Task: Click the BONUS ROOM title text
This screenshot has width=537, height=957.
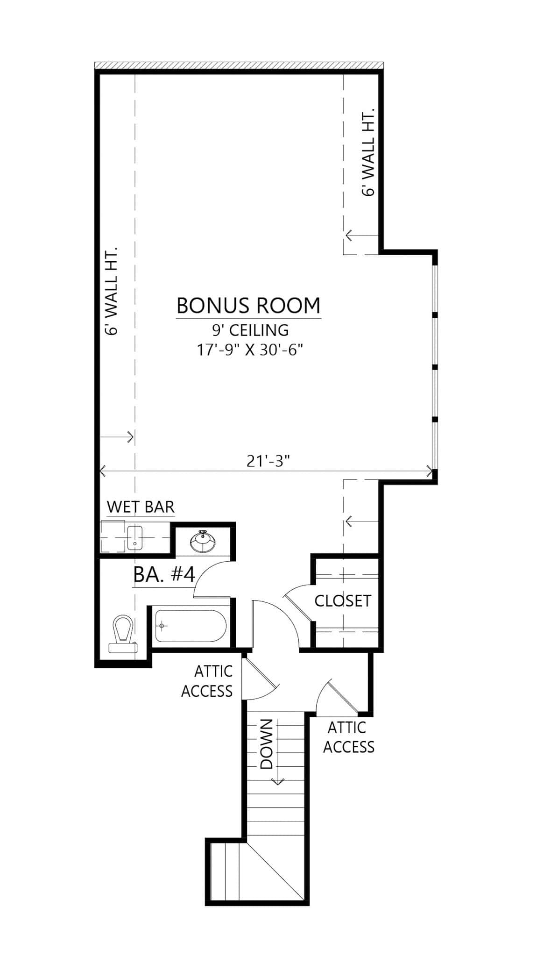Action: click(x=248, y=306)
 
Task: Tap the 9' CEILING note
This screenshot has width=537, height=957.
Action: click(x=250, y=330)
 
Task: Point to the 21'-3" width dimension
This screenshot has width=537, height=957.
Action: click(x=268, y=461)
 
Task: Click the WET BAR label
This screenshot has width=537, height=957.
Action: click(x=141, y=507)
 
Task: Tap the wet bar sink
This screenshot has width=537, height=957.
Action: click(x=134, y=537)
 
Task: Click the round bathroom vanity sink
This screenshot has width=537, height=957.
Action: click(x=203, y=542)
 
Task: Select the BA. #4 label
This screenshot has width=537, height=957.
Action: click(x=163, y=574)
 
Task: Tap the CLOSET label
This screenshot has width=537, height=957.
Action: click(x=342, y=601)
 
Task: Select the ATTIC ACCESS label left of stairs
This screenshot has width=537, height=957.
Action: click(x=207, y=681)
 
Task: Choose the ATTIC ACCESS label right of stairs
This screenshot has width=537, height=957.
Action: click(x=348, y=737)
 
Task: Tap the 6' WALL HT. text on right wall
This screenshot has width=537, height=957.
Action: click(x=368, y=152)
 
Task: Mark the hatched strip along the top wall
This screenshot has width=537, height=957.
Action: click(x=239, y=65)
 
